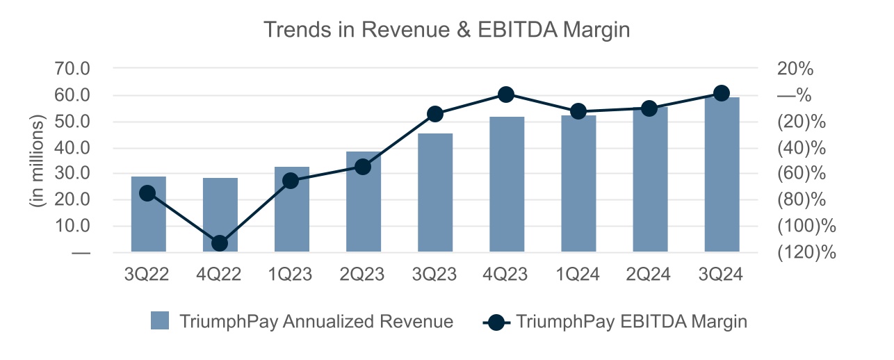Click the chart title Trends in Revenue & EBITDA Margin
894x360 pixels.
[446, 30]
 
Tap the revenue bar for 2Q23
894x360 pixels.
[364, 208]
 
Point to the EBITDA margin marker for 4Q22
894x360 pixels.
[220, 243]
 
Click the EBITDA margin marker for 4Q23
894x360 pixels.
[507, 95]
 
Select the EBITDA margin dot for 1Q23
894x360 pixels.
[292, 181]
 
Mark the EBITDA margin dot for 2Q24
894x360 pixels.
[650, 108]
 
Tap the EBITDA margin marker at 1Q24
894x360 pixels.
[578, 111]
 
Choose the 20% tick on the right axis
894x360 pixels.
[795, 69]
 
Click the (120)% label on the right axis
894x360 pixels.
[806, 252]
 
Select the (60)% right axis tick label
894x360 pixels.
[802, 174]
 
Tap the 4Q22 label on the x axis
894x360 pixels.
[220, 275]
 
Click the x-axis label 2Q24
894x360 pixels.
[650, 275]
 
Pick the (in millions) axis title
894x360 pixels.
[37, 161]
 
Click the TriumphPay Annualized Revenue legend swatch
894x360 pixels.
[161, 322]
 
